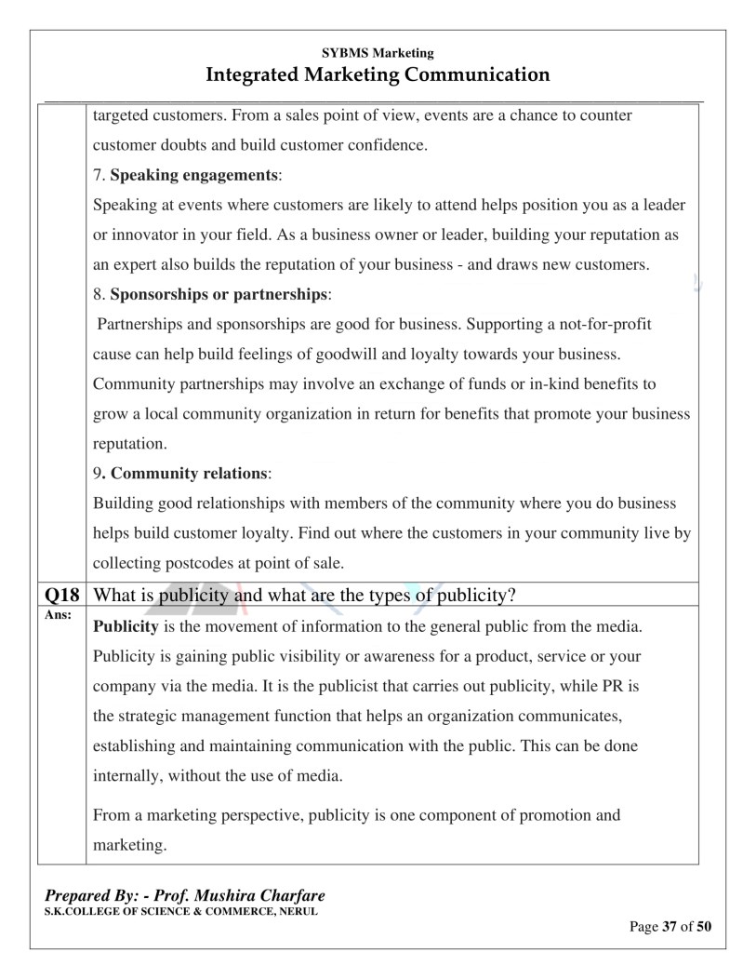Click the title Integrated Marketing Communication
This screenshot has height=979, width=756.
click(378, 74)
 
